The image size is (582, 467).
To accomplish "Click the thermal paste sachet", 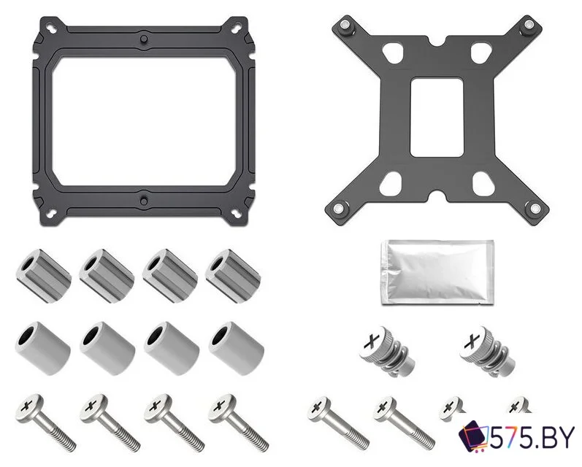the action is point(437,272).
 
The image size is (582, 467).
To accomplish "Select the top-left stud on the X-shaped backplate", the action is point(345,26).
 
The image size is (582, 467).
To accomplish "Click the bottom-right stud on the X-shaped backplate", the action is point(535,208).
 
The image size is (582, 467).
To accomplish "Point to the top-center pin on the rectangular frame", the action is point(144,39).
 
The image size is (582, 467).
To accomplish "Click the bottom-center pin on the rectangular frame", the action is point(144,201).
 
